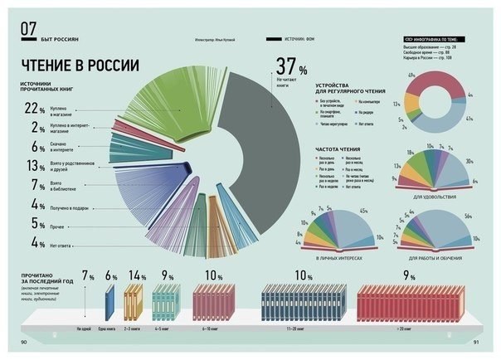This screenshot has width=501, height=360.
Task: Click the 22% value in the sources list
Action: point(34,109)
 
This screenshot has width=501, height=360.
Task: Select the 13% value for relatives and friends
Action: point(34,166)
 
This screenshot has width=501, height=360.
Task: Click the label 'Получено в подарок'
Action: point(74,205)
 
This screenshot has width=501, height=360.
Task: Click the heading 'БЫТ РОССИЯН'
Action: point(58,38)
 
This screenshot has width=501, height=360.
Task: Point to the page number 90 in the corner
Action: point(25,342)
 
